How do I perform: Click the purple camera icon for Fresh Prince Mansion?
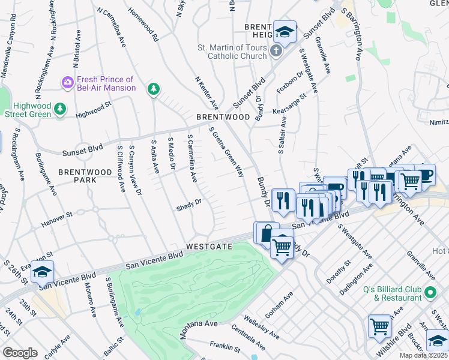point(67,82)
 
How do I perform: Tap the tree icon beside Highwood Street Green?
point(59,108)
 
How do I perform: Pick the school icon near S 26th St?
point(42,272)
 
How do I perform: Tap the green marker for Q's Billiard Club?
point(429,293)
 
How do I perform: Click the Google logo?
point(20,353)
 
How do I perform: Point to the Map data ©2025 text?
point(424,355)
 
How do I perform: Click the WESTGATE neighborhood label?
point(208,247)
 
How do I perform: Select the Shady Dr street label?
point(188,208)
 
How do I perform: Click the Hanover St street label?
point(56,221)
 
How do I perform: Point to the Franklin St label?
point(225,346)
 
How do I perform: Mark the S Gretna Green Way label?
point(226,152)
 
